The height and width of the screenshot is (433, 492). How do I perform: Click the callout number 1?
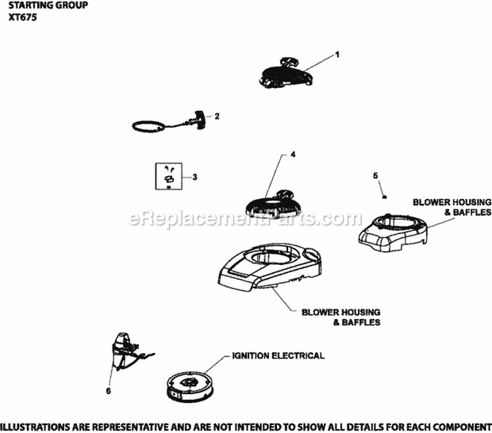click(337, 55)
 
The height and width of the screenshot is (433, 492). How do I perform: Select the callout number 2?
click(217, 116)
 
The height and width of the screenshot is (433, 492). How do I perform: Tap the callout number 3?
click(194, 176)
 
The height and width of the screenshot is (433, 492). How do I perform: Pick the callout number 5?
click(376, 175)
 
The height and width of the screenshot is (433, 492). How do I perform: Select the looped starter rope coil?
click(148, 125)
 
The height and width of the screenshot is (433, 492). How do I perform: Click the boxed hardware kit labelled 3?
click(169, 176)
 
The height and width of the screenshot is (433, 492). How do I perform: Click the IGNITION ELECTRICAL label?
click(277, 356)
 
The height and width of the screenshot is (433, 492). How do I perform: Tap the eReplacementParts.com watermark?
click(246, 218)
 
